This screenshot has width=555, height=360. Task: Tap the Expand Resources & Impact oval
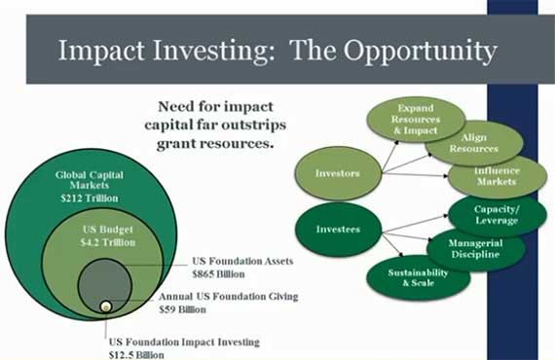click(x=396, y=119)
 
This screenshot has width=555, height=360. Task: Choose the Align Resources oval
click(x=474, y=142)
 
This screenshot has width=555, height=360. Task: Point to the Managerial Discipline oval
click(x=475, y=247)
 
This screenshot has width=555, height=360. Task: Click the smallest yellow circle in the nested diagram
click(x=105, y=307)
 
